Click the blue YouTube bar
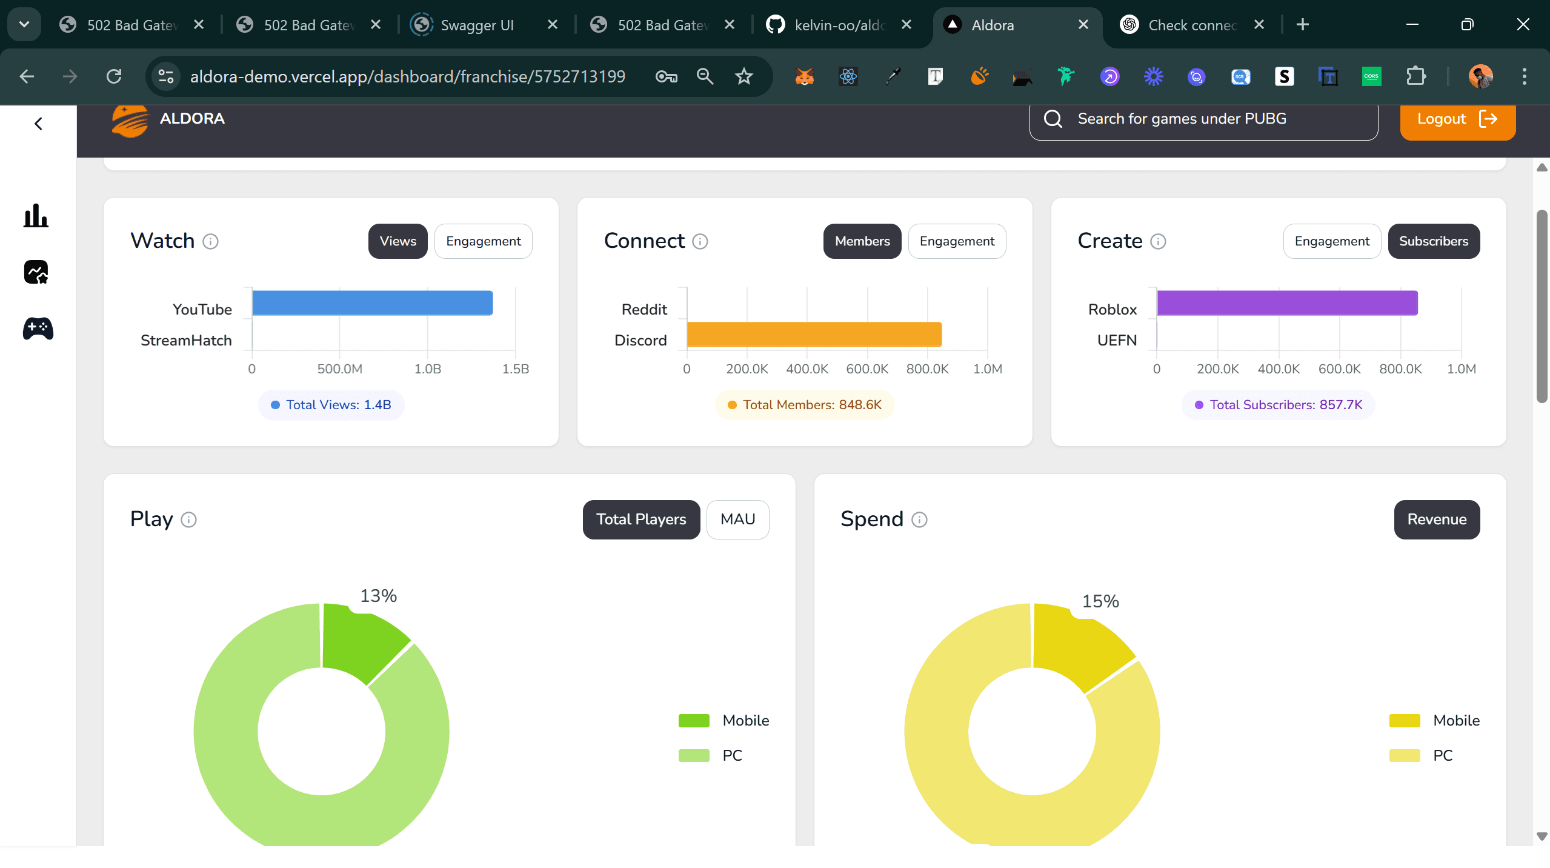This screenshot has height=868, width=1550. pos(372,303)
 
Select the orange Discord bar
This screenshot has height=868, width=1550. pos(814,335)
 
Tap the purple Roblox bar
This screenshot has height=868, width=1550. pos(1287,303)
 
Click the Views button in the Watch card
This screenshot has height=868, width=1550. pos(397,241)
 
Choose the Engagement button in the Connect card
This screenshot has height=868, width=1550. pos(957,241)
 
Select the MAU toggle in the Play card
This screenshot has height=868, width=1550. pos(737,519)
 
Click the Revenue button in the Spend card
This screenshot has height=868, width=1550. pos(1437,519)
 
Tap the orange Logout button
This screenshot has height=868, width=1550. pos(1457,119)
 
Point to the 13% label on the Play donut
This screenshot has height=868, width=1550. pos(378,596)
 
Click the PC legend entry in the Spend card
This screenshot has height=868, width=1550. pos(1442,755)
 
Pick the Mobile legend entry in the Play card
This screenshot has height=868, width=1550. pos(745,720)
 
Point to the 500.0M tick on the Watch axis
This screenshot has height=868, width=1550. pos(339,369)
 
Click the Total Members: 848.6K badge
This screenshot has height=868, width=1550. pos(805,405)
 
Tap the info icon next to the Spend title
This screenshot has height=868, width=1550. pos(919,520)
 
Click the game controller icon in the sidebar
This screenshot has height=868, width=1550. pos(38,329)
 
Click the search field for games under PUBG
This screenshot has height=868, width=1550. pos(1203,119)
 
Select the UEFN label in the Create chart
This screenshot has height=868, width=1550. pos(1117,341)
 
